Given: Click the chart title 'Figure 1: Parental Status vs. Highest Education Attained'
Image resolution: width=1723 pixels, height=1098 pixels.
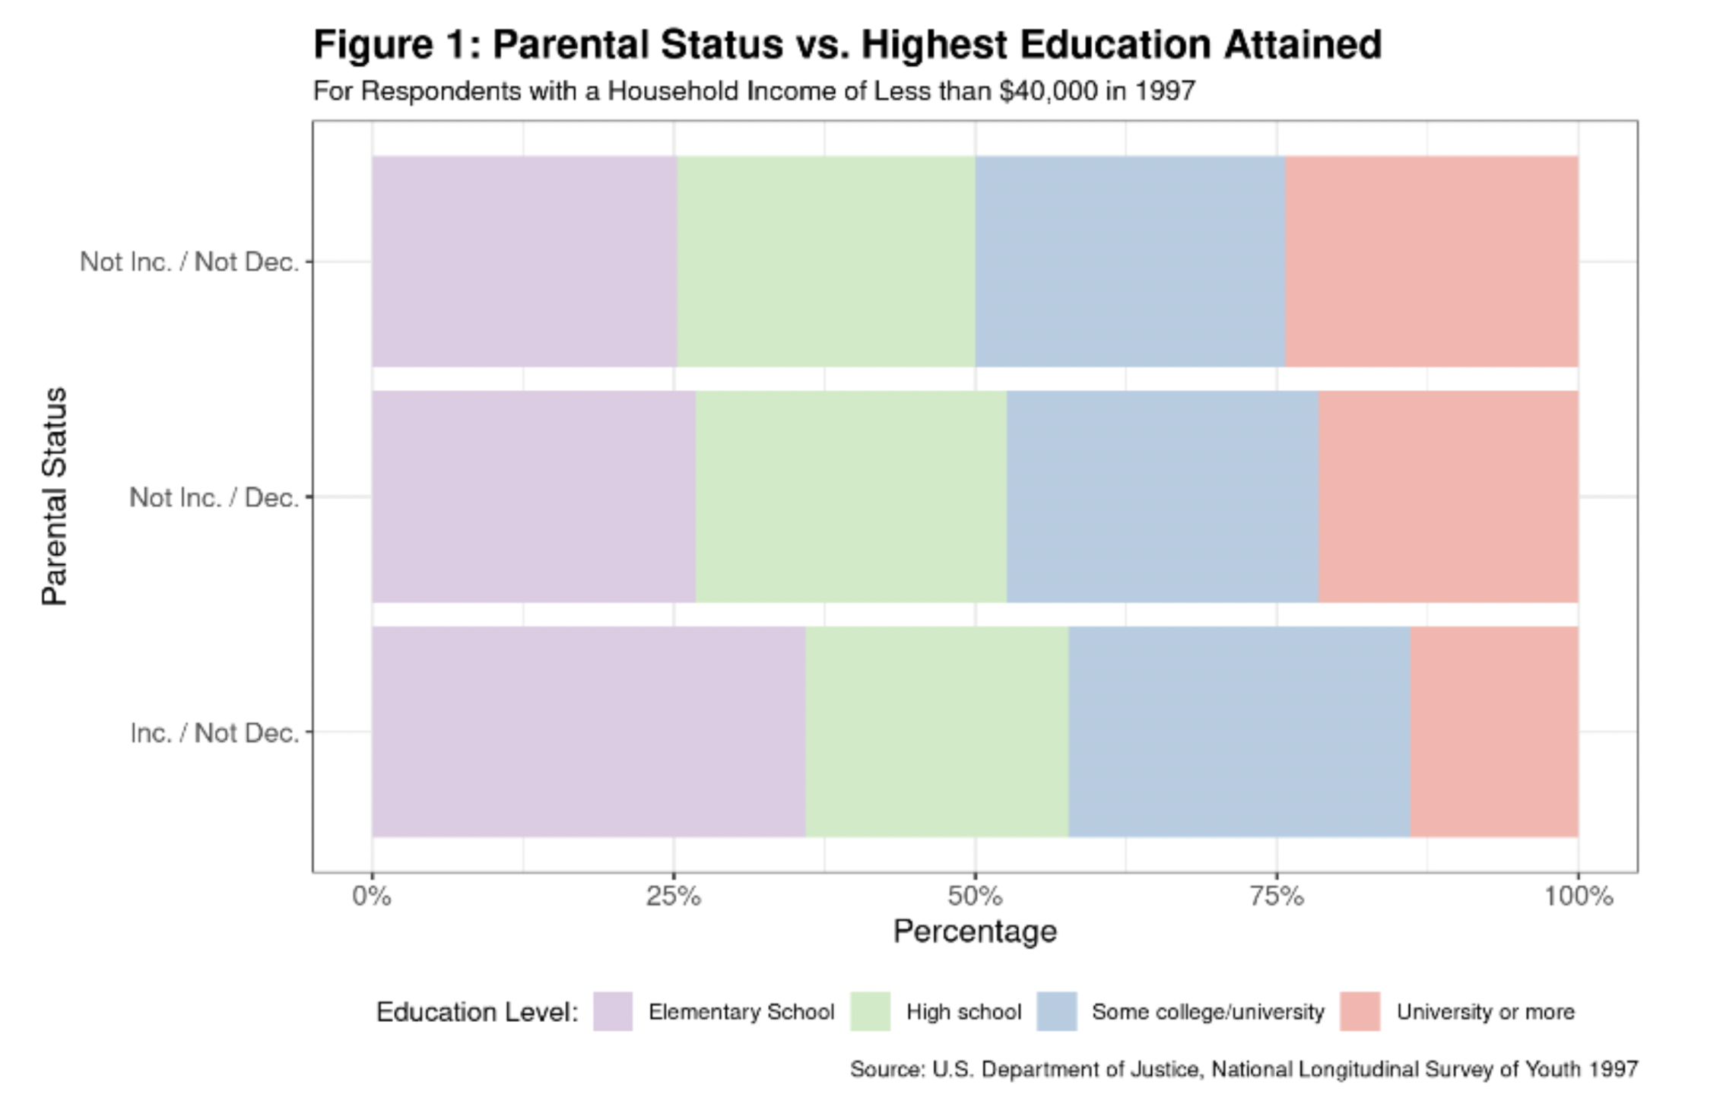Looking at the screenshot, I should click(847, 45).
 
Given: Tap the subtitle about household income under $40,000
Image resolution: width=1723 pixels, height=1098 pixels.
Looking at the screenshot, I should click(754, 91).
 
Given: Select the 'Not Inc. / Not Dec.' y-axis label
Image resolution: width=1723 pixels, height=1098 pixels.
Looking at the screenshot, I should click(189, 262).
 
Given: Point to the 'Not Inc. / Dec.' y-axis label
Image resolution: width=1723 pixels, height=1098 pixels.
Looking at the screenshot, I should click(214, 497).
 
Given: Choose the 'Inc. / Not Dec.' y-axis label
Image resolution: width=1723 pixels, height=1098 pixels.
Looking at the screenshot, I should click(214, 733).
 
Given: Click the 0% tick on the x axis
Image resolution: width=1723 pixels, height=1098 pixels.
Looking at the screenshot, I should click(372, 896).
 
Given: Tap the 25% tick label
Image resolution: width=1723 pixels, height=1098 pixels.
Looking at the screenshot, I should click(673, 896).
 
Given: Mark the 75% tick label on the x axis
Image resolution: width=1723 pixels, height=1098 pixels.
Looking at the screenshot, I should click(1277, 896).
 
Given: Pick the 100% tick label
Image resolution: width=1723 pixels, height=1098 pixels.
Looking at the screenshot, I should click(1578, 896).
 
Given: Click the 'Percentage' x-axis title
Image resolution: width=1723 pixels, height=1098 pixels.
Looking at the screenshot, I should click(975, 931).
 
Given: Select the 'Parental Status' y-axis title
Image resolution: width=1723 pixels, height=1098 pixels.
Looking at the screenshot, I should click(55, 497).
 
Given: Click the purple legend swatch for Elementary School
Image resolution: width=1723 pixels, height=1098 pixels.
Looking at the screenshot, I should click(613, 1011).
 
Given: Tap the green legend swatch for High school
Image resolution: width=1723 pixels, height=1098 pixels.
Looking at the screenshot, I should click(870, 1011).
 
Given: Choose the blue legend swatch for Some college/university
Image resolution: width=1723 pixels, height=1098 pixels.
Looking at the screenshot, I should click(1057, 1011).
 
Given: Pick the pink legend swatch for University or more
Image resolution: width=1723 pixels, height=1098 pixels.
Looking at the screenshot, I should click(1360, 1011).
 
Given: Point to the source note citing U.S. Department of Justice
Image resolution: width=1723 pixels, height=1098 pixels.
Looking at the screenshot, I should click(1244, 1069).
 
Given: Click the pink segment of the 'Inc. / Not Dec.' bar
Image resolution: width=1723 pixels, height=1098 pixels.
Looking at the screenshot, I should click(1494, 731).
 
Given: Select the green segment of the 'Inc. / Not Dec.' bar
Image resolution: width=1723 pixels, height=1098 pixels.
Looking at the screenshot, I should click(937, 731).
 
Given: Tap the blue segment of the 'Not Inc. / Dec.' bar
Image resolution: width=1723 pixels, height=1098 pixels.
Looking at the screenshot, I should click(1163, 497).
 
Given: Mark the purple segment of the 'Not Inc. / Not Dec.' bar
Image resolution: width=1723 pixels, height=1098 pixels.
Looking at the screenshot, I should click(525, 262).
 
